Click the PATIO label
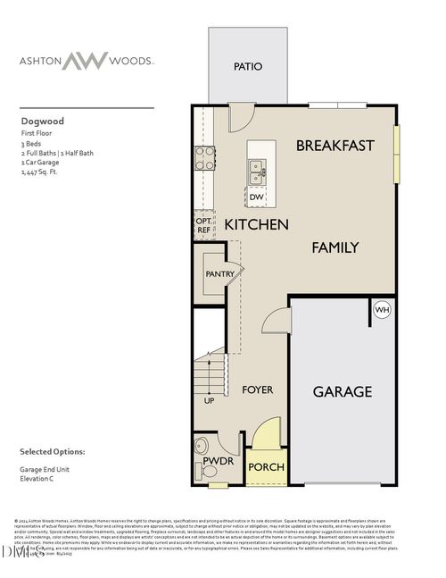click(247, 66)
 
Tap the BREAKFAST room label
click(334, 145)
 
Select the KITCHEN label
click(256, 224)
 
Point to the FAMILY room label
click(334, 247)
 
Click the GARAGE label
click(342, 391)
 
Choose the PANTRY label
click(219, 274)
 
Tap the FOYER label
click(258, 390)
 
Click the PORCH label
click(265, 467)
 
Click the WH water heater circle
click(381, 310)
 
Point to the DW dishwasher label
click(256, 197)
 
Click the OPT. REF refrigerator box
click(204, 224)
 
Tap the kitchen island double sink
click(256, 166)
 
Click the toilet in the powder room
click(201, 445)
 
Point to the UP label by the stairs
click(209, 401)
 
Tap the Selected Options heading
click(53, 452)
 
